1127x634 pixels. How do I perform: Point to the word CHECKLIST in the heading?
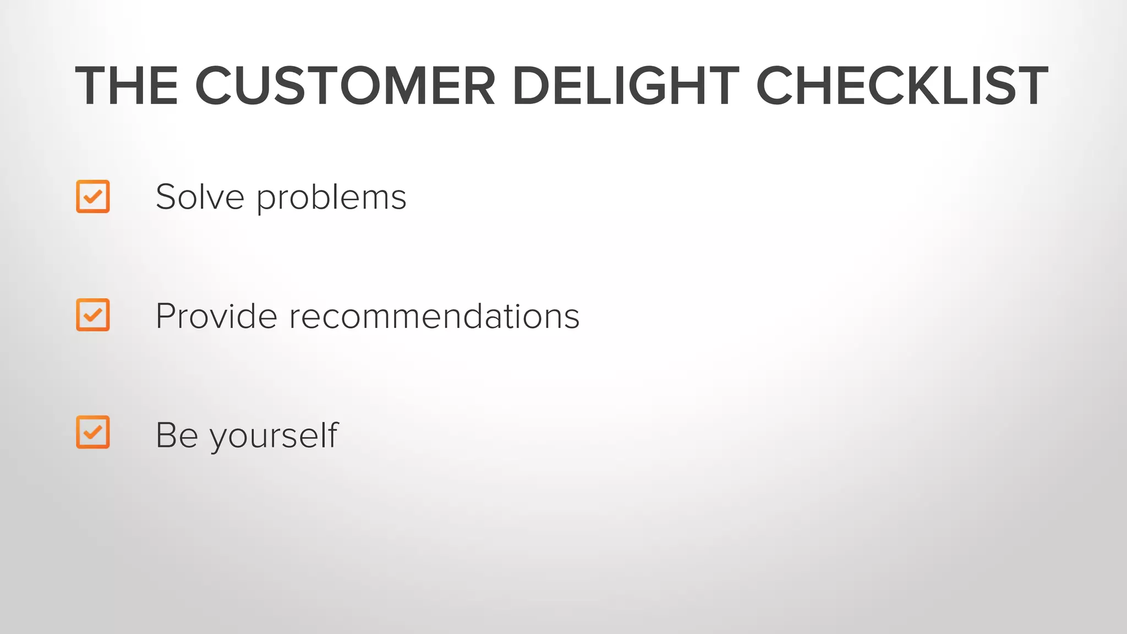902,86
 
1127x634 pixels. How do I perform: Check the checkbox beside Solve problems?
93,196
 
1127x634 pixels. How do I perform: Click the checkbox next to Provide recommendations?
93,315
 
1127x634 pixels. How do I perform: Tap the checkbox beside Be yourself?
93,432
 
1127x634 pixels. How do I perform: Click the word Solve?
200,197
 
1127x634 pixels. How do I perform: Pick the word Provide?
216,316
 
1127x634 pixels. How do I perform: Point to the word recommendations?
434,316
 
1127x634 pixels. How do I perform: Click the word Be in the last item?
177,435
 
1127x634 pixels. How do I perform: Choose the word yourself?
274,436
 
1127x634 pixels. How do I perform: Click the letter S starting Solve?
166,197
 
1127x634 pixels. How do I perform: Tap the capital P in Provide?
166,316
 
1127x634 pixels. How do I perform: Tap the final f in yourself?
332,434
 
